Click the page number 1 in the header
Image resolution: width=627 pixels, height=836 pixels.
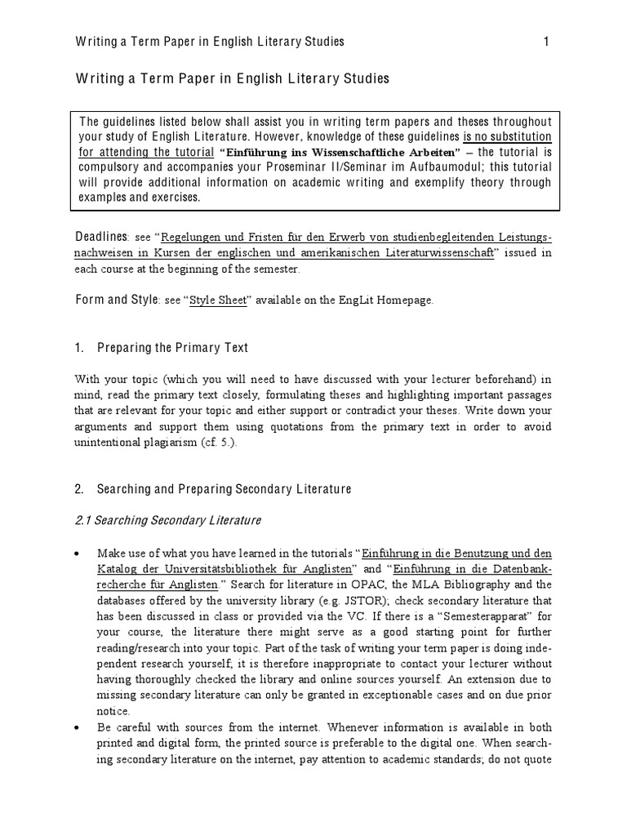pos(546,41)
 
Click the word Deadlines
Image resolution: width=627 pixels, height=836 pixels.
pos(102,237)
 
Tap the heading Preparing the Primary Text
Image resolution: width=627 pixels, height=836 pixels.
pos(172,348)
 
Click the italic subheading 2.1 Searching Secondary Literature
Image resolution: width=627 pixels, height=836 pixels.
pos(167,520)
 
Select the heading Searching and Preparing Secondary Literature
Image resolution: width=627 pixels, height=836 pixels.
pos(224,489)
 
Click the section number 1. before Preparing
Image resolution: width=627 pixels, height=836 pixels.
pos(79,348)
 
